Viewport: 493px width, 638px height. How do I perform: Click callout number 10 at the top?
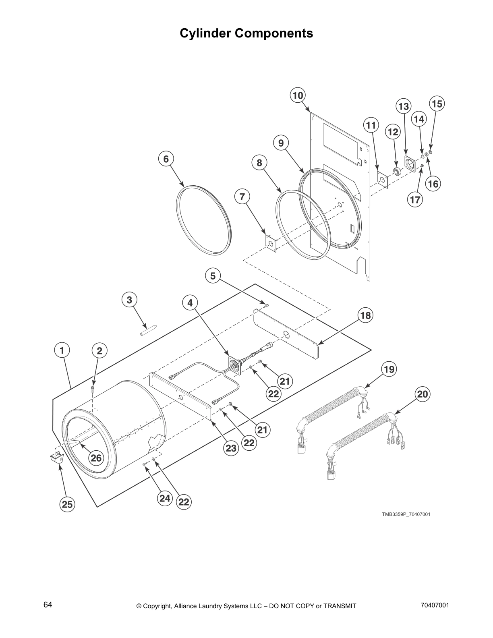pyautogui.click(x=297, y=95)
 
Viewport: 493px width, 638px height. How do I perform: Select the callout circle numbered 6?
pyautogui.click(x=166, y=159)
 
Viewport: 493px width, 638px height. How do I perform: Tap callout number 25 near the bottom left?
pyautogui.click(x=68, y=504)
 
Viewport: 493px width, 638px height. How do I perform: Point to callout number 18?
pyautogui.click(x=365, y=315)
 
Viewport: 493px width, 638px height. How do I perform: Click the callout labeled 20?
pyautogui.click(x=422, y=394)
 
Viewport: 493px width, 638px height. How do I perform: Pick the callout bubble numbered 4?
pyautogui.click(x=190, y=302)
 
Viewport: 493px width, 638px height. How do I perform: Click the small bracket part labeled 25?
pyautogui.click(x=56, y=458)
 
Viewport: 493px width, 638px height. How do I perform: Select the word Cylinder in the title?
pyautogui.click(x=205, y=33)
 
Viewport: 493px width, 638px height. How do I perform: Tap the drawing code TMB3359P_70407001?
pyautogui.click(x=406, y=514)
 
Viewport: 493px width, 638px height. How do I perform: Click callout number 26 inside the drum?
pyautogui.click(x=96, y=458)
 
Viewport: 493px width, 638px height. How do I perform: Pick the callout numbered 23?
pyautogui.click(x=231, y=448)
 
